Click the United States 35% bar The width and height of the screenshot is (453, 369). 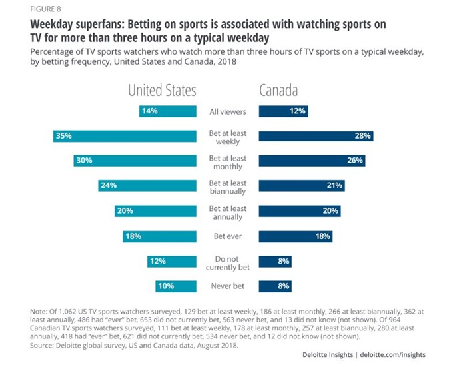pyautogui.click(x=125, y=136)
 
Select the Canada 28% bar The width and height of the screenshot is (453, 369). pyautogui.click(x=316, y=136)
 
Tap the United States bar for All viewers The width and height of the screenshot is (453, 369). pyautogui.click(x=168, y=111)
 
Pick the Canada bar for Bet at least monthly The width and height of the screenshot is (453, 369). pyautogui.click(x=312, y=161)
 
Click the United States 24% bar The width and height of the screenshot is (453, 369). pyautogui.click(x=147, y=186)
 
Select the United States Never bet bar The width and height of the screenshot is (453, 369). pyautogui.click(x=176, y=286)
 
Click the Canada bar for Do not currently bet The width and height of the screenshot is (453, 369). pyautogui.click(x=275, y=262)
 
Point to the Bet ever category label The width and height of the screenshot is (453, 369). pyautogui.click(x=228, y=236)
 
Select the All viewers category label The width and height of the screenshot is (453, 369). pyautogui.click(x=228, y=111)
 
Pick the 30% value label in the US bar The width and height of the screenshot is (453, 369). pyautogui.click(x=84, y=161)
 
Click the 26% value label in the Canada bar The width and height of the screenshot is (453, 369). pyautogui.click(x=354, y=161)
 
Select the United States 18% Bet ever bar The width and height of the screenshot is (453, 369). pyautogui.click(x=159, y=236)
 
